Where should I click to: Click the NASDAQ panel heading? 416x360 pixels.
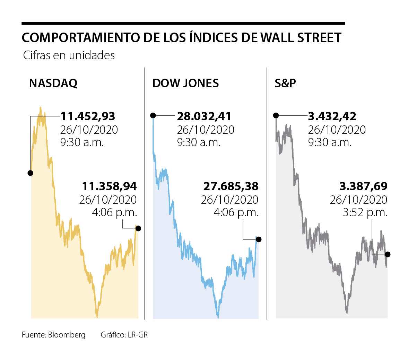pos(53,84)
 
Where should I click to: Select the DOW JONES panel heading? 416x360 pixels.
pos(185,84)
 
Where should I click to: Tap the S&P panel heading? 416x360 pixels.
pos(285,84)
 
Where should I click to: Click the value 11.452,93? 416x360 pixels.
pos(88,116)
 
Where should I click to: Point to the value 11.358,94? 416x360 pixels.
pos(109,186)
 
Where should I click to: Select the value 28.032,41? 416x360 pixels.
pos(204,116)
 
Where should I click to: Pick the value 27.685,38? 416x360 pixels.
pos(231,186)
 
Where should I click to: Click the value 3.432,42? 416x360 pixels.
pos(332,116)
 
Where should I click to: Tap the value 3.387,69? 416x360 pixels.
pos(363,186)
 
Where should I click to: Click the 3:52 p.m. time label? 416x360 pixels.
pos(365,212)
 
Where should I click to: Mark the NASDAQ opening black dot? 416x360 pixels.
pos(31,173)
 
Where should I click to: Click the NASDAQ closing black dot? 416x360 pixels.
pos(138,228)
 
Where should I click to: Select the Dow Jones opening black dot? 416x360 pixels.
pos(153,115)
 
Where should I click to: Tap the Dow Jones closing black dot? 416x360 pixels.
pos(258,239)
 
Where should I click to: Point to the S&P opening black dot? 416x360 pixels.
pos(276,115)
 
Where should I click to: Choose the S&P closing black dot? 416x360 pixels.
pos(388,254)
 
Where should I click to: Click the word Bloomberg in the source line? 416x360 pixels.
pos(67,335)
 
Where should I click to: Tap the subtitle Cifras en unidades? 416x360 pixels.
pos(69,55)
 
